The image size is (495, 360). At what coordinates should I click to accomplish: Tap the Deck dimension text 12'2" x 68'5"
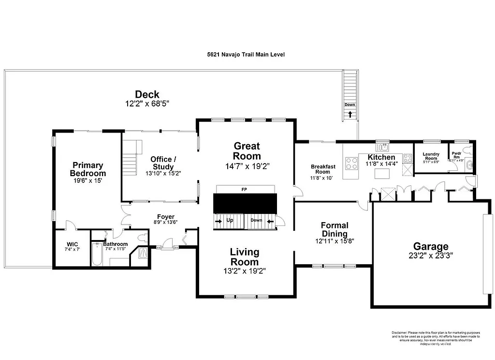147,104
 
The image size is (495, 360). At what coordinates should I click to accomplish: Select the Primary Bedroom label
87,169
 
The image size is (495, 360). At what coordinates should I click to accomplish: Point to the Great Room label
247,150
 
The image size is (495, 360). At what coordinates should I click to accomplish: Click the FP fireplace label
244,190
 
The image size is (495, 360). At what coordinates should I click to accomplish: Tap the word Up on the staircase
230,220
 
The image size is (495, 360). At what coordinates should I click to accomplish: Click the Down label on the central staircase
256,220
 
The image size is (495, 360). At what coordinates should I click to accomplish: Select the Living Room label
244,257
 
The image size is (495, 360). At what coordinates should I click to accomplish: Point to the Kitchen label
381,157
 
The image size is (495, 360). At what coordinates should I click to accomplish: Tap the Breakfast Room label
323,169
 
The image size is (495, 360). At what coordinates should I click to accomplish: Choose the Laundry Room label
431,156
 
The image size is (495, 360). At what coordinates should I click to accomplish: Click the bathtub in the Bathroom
95,255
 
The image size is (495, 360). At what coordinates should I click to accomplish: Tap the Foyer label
165,217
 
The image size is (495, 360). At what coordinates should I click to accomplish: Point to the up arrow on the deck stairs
349,115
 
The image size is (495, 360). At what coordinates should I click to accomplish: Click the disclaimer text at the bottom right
435,338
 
